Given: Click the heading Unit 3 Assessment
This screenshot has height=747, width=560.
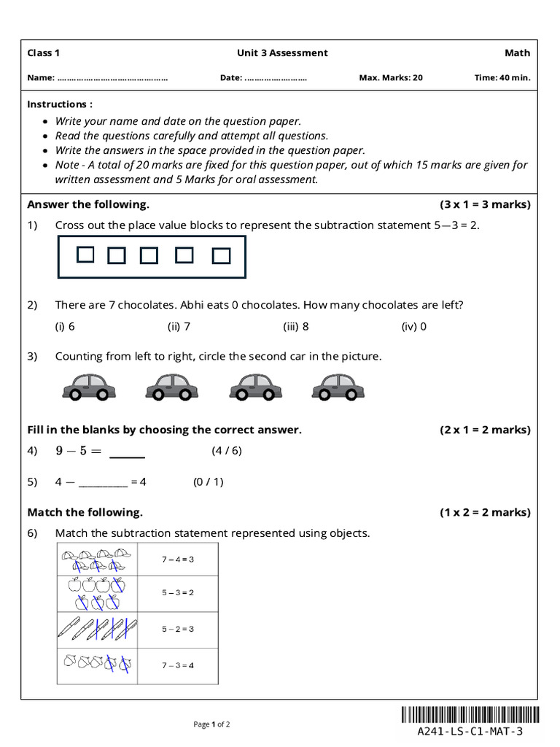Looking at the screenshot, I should tap(282, 53).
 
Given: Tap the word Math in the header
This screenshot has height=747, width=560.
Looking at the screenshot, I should tap(517, 53).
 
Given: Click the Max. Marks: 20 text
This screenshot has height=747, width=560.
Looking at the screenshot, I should tap(391, 77).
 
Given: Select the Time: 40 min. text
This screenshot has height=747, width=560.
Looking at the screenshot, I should tap(502, 77).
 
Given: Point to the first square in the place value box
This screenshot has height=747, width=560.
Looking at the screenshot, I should tap(85, 255).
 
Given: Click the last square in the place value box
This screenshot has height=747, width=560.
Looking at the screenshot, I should tap(222, 255).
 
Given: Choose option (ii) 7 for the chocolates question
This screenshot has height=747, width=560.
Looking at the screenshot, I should tap(179, 326).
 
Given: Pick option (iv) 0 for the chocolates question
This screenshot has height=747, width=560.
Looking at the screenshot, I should tap(413, 326).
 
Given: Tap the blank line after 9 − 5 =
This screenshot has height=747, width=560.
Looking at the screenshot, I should tap(127, 452).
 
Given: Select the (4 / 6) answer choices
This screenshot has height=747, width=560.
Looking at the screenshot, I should tap(226, 450).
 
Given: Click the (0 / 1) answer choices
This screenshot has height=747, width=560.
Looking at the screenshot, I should tap(208, 481).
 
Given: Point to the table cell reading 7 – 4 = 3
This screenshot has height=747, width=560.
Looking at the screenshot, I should tap(177, 560).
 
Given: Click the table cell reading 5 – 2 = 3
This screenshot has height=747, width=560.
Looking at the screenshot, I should tap(177, 629).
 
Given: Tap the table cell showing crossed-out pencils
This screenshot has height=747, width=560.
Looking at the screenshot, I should tap(97, 629).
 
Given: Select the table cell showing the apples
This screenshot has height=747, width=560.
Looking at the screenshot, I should tap(97, 593).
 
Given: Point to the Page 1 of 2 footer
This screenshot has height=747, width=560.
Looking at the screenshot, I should tap(211, 724).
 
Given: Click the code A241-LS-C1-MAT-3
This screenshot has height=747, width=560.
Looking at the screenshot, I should tap(470, 731).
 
